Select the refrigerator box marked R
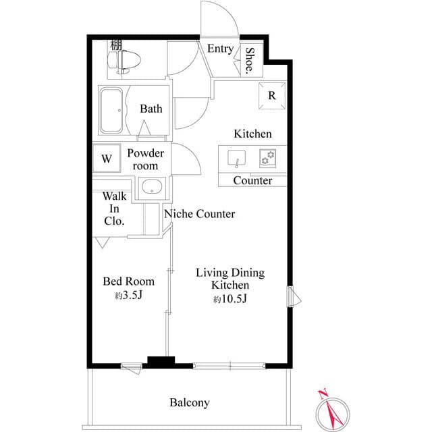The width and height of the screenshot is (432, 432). coord(271,95)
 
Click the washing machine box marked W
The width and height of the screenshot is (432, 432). coord(106,159)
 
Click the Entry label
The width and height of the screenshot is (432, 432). coord(220,49)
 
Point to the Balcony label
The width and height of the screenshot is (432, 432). coord(189,403)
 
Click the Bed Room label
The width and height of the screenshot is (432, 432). coord(128,281)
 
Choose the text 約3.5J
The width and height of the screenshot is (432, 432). coord(128,295)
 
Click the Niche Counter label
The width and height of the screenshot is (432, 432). coord(199,214)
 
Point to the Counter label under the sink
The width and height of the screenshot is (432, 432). coord(252,180)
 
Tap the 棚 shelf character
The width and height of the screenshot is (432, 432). coord(115,45)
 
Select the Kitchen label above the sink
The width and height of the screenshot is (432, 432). coord(252,134)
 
